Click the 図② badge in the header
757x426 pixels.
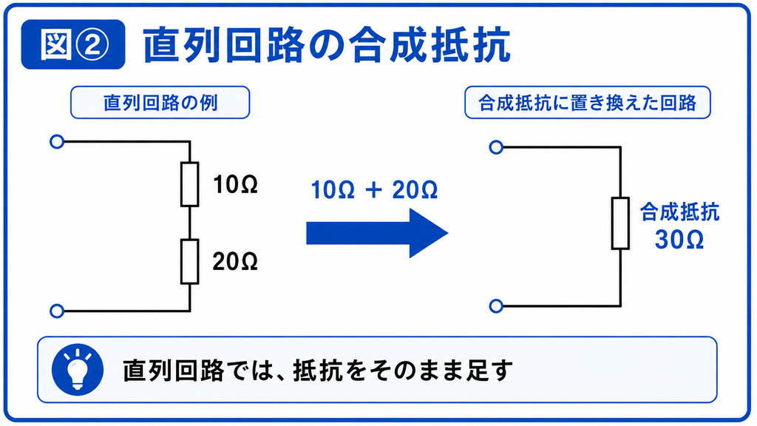click(73, 44)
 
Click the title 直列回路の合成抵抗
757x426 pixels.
click(327, 45)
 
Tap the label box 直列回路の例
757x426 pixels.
click(160, 102)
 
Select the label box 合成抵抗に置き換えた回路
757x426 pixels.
click(588, 102)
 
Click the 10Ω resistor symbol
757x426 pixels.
click(190, 184)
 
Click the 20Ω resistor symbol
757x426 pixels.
click(190, 261)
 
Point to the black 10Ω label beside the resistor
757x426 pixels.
click(236, 184)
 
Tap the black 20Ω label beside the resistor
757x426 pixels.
click(235, 261)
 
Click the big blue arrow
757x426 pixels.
click(377, 233)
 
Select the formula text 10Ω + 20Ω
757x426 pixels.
click(375, 190)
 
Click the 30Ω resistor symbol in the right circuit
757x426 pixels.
click(620, 223)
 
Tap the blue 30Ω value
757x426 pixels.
click(679, 240)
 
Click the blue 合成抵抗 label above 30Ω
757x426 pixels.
click(680, 212)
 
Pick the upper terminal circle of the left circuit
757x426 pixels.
click(57, 142)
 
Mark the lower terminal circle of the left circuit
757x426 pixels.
click(57, 311)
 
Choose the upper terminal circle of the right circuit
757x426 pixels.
click(496, 147)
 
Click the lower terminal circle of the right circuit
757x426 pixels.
click(496, 306)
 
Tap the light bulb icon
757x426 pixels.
click(78, 370)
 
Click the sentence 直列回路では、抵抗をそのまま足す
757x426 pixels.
click(318, 371)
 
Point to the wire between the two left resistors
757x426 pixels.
click(190, 223)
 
